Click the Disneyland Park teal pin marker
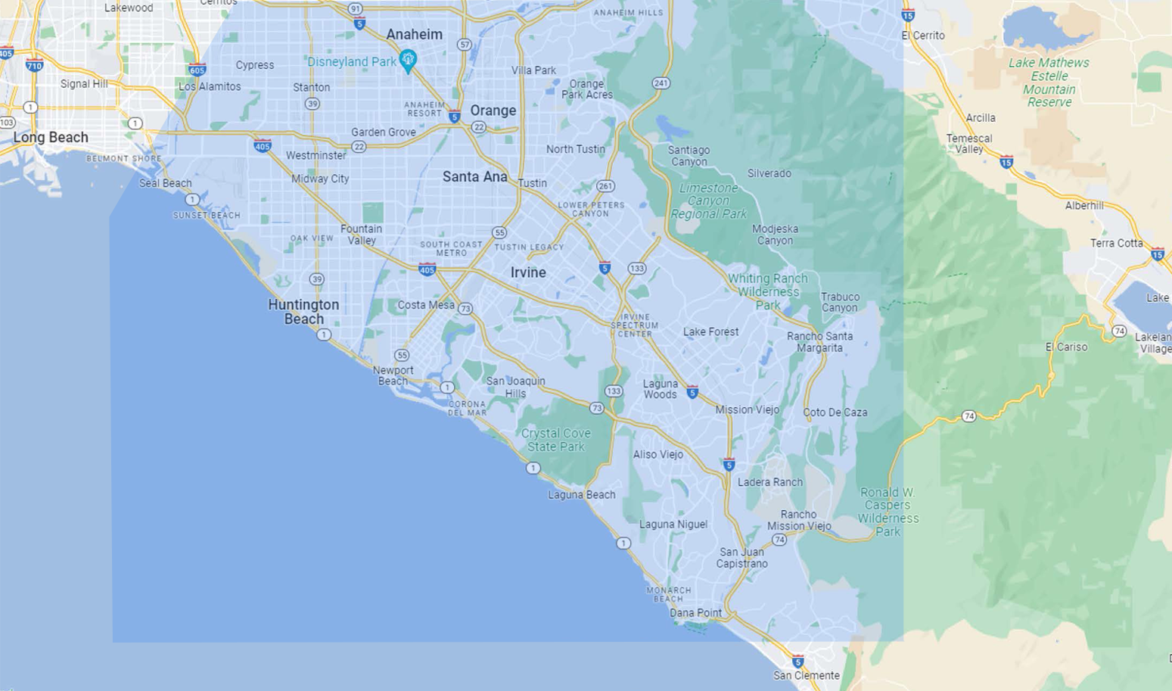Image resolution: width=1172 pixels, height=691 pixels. click(x=408, y=60)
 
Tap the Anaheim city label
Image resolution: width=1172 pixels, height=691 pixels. click(x=414, y=34)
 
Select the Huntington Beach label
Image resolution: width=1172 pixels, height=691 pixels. click(x=303, y=311)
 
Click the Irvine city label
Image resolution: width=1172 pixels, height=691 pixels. click(x=528, y=272)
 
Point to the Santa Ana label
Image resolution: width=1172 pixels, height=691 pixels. click(x=474, y=176)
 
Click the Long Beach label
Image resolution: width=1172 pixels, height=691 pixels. click(x=51, y=137)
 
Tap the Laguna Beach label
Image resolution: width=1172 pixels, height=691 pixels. click(x=581, y=495)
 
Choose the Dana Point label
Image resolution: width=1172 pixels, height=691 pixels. click(x=695, y=613)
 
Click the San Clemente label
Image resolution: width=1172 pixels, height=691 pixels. click(x=806, y=675)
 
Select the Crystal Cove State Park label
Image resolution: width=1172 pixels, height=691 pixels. click(x=556, y=440)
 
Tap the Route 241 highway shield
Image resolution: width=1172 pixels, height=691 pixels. click(x=661, y=83)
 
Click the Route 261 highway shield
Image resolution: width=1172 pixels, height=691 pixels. click(x=605, y=186)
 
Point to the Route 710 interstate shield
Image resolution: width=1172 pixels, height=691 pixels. click(x=34, y=65)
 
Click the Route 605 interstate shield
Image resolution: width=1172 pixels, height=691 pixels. click(x=197, y=70)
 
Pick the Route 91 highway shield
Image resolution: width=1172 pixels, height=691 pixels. click(x=355, y=8)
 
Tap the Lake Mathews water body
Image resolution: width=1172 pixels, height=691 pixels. click(x=1040, y=29)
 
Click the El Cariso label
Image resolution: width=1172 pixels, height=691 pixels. click(x=1066, y=347)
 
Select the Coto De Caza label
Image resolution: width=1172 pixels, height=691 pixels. click(x=835, y=412)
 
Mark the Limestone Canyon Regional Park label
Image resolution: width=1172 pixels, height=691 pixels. click(x=709, y=201)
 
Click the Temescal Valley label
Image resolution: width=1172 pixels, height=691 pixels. click(x=969, y=144)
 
